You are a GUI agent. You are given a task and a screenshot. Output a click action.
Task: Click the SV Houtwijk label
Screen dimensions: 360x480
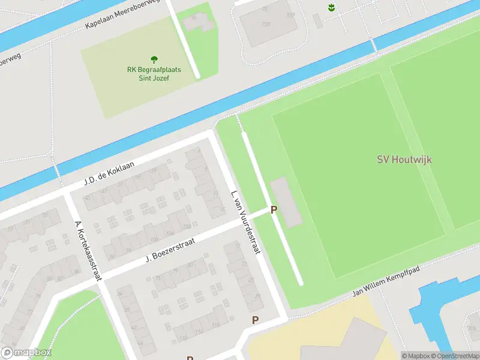tap(404, 160)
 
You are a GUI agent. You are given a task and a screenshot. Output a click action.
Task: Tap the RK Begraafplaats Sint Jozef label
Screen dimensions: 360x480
tap(154, 74)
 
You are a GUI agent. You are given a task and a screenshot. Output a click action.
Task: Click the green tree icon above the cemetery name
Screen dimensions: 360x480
tap(154, 59)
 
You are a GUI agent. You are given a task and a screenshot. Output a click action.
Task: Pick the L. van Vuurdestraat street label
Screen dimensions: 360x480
tap(245, 222)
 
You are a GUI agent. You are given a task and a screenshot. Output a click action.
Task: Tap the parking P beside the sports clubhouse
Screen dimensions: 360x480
tap(274, 210)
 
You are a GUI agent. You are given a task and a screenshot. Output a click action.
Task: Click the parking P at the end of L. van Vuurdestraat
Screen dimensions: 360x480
tap(256, 320)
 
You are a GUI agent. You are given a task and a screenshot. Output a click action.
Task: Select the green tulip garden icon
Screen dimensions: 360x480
tap(331, 7)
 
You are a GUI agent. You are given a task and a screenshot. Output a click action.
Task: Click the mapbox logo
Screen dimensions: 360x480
tap(26, 353)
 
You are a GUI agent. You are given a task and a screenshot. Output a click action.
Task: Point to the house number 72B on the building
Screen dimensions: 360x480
tap(266, 25)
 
